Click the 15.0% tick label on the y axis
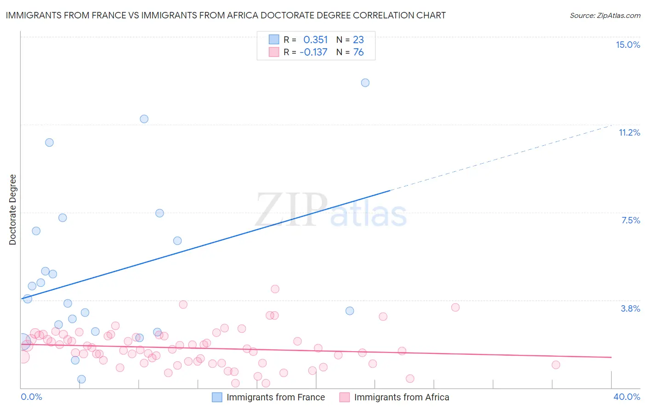[628, 45]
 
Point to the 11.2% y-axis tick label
[629, 132]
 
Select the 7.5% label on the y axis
[630, 220]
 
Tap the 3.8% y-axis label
[630, 308]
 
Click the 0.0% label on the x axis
[32, 397]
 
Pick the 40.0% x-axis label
[627, 397]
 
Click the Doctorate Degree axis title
[12, 210]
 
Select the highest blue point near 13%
[365, 83]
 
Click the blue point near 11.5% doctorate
[144, 119]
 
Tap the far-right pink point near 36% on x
[556, 365]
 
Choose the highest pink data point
[275, 289]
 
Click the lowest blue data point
[81, 379]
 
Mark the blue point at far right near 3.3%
[350, 311]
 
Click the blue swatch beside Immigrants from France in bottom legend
[217, 397]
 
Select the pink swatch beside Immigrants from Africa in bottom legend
[345, 397]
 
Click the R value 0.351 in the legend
[316, 40]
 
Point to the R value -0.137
[313, 52]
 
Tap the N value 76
[358, 52]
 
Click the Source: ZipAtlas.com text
[605, 16]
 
